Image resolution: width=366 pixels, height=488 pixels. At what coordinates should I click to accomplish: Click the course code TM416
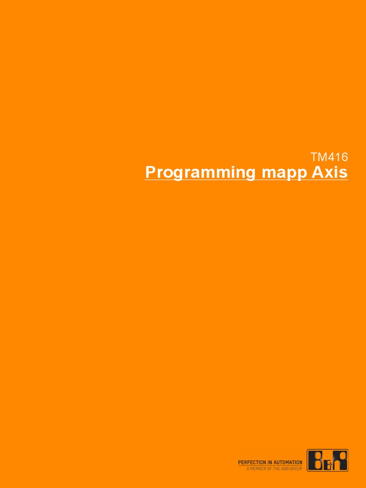329,157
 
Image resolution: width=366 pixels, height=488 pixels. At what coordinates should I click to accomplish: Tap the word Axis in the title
330,172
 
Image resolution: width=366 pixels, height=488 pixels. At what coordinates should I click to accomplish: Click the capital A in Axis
317,172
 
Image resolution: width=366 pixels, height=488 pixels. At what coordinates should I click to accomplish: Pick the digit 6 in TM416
345,157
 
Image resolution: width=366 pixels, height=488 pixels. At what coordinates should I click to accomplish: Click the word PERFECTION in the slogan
253,462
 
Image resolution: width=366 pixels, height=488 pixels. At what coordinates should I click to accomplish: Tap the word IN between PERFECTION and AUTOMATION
270,462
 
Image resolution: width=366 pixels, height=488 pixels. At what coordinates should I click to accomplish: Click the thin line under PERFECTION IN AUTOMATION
270,466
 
